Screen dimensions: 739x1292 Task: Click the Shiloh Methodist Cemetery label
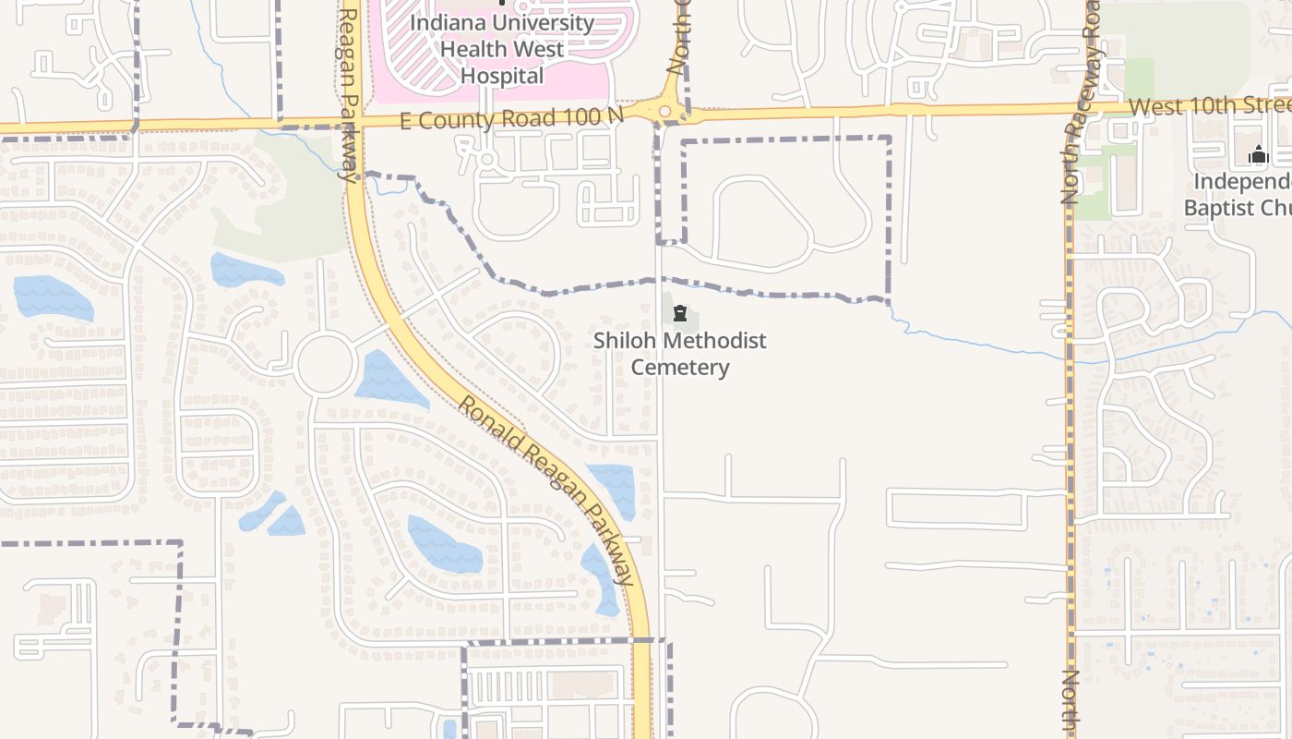pos(680,354)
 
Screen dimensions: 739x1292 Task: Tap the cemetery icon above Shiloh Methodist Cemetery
pos(680,314)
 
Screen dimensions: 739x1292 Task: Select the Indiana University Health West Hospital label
pos(502,49)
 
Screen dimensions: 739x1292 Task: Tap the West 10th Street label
pos(1209,106)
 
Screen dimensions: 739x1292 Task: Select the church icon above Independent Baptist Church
pos(1258,155)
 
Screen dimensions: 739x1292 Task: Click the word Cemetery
pos(680,368)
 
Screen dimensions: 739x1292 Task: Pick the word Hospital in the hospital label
pos(502,75)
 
